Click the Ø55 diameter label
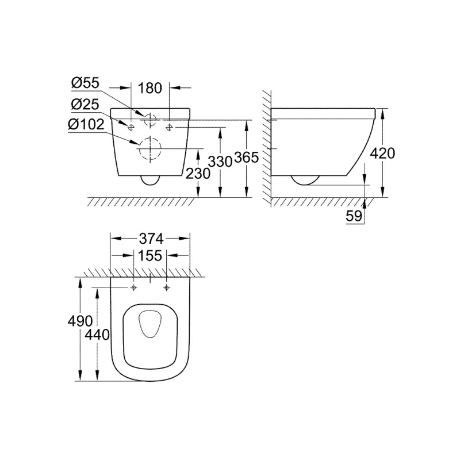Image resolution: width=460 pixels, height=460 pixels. [86, 83]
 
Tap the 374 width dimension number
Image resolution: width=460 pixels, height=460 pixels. [150, 237]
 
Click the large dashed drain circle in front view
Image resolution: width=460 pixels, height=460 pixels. [150, 150]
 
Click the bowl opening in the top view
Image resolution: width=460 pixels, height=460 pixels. [150, 325]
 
